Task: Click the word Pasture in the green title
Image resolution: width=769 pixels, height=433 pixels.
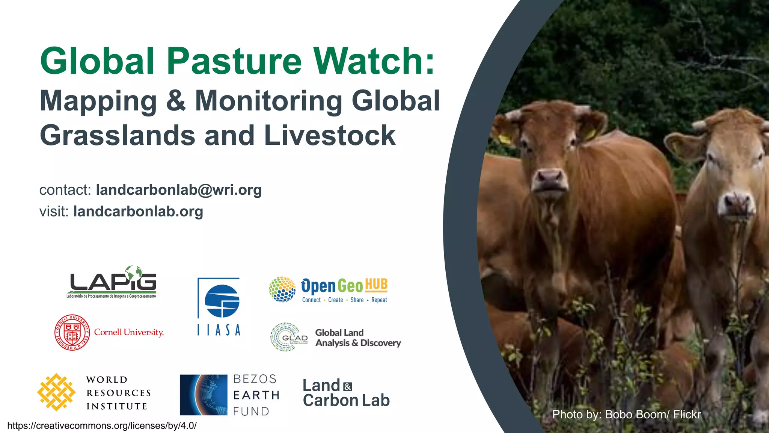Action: [234, 61]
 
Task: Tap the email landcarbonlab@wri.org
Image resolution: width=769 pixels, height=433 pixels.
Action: [179, 190]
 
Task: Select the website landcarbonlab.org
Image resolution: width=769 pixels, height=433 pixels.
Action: [138, 211]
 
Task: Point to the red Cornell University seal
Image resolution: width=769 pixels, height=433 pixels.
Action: [72, 333]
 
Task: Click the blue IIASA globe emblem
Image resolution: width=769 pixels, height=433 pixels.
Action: [222, 301]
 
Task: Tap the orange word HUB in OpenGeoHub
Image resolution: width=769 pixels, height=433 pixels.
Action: [376, 285]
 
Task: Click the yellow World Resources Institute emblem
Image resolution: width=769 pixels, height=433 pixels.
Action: [56, 392]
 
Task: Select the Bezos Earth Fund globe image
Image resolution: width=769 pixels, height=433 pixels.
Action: [204, 395]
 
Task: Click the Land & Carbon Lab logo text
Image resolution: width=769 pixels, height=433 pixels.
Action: [346, 393]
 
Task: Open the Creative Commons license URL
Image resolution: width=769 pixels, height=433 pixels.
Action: [102, 426]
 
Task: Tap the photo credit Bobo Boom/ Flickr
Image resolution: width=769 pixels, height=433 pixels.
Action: [626, 414]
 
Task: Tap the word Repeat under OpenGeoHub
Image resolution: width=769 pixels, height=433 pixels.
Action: [379, 300]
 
